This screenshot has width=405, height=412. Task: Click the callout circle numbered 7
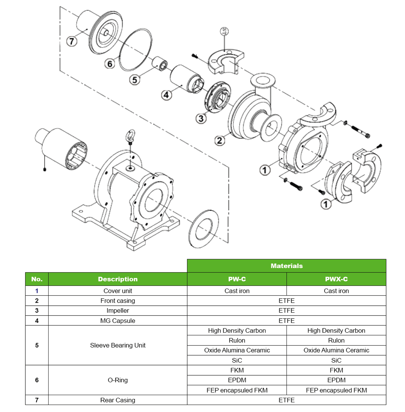point(72,41)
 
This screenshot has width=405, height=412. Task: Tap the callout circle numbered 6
point(110,63)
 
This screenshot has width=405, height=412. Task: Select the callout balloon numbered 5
point(135,80)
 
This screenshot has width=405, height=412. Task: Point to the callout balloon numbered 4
point(166,95)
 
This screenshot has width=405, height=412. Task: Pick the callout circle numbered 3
point(201,118)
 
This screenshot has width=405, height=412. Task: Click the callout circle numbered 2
point(220,140)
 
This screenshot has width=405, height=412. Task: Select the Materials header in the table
point(287,266)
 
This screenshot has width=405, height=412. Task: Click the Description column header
point(118,279)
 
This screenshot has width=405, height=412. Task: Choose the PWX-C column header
point(336,279)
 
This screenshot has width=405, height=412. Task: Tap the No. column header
point(37,279)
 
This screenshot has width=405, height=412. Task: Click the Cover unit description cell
point(118,291)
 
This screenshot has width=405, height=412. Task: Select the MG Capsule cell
point(118,321)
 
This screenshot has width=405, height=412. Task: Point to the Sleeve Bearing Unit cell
point(118,345)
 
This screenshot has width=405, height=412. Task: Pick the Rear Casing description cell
point(118,400)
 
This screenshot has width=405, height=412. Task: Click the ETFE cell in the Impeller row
point(287,310)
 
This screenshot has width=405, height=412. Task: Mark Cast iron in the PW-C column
point(237,291)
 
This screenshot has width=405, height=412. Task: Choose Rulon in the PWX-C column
point(336,340)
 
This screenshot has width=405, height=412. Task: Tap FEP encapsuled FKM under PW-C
point(237,390)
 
